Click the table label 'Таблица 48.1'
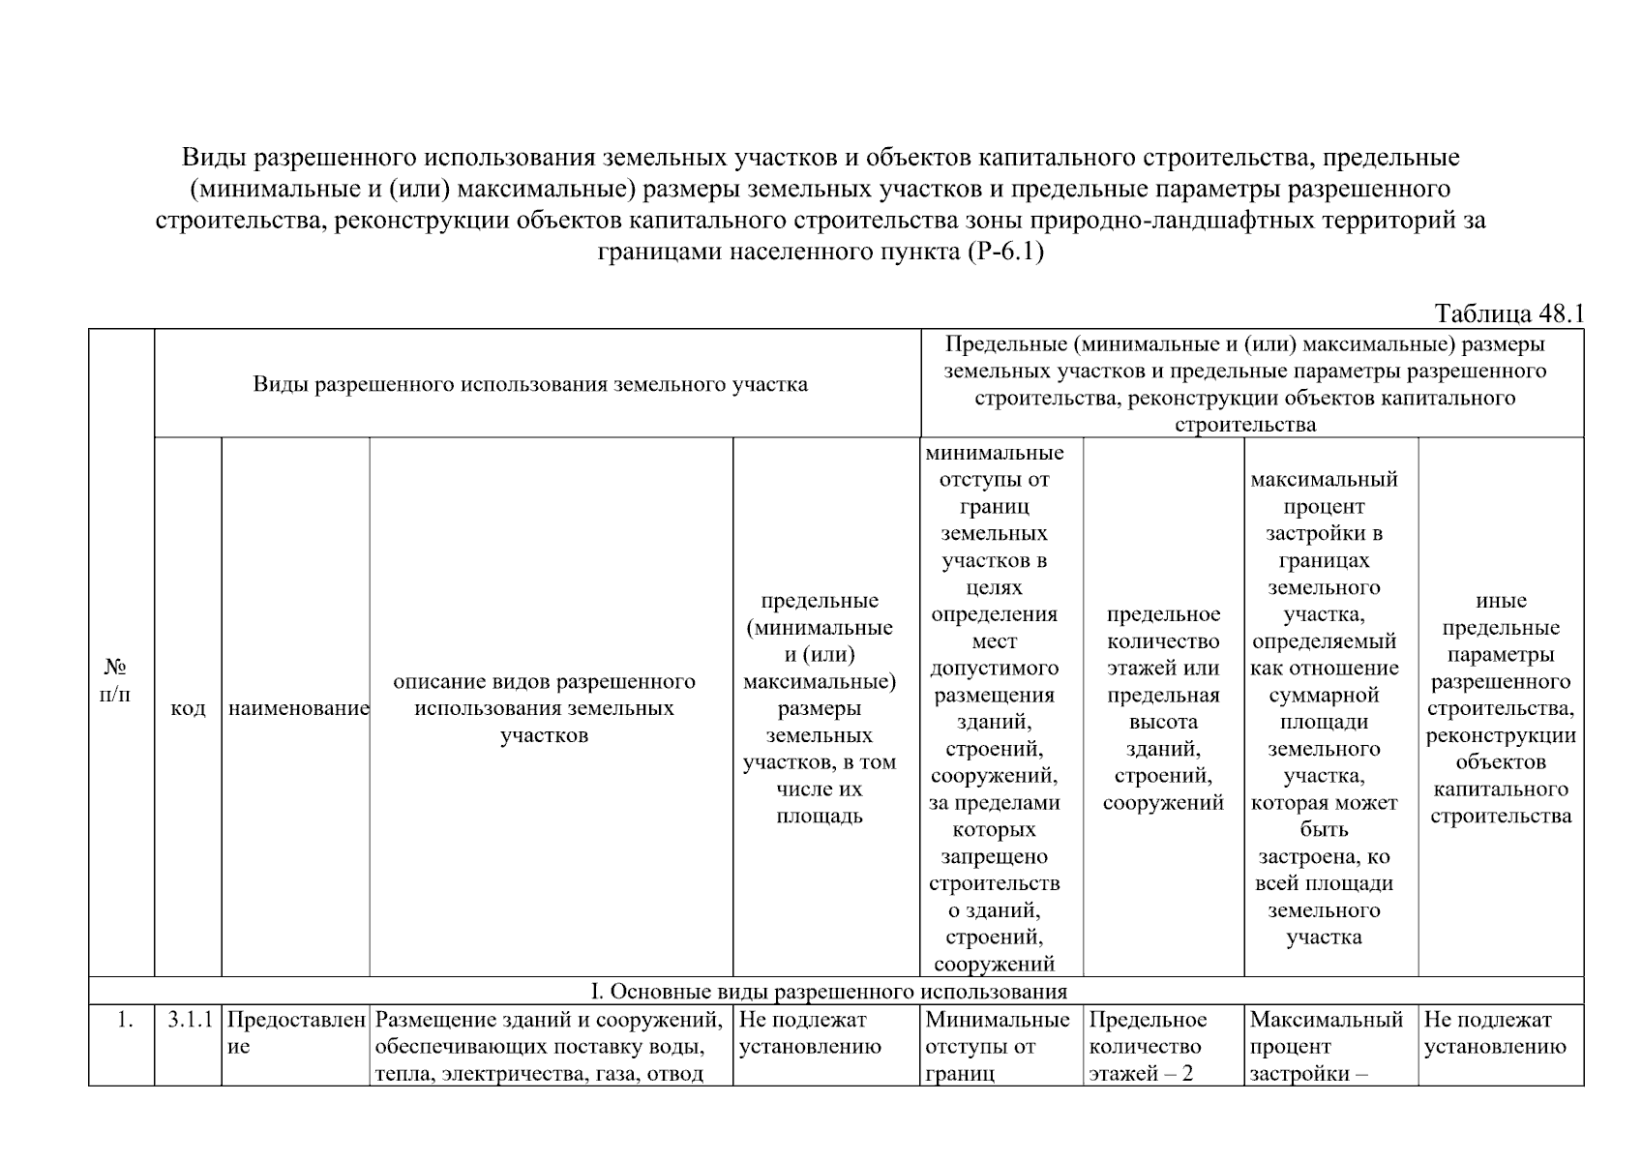[x=1508, y=314]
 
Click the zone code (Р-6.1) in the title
[x=1004, y=253]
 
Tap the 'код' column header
[x=188, y=708]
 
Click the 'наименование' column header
[x=298, y=708]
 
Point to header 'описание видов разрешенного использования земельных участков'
[x=544, y=707]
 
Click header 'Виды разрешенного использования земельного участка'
[x=530, y=384]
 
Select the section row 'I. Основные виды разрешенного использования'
[x=828, y=992]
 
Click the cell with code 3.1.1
[x=188, y=1020]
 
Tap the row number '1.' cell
[x=123, y=1020]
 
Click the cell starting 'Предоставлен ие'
[x=296, y=1033]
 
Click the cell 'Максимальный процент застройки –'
[x=1325, y=1046]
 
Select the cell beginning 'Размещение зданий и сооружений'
[x=549, y=1046]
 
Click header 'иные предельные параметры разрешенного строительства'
[x=1500, y=707]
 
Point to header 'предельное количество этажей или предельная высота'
[x=1163, y=707]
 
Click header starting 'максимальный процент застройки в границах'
[x=1324, y=707]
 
